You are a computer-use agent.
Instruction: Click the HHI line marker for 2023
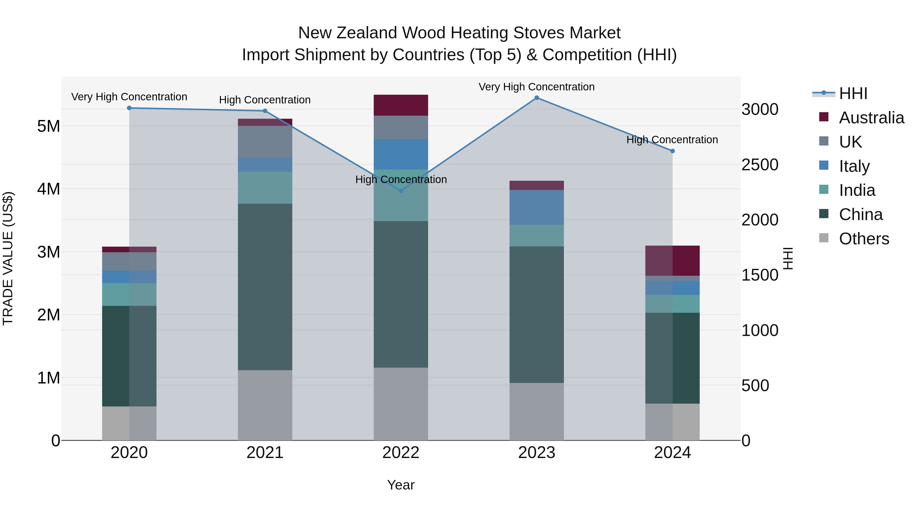click(537, 98)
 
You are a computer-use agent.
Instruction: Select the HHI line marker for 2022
click(401, 191)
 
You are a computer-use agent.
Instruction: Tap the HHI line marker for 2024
click(672, 151)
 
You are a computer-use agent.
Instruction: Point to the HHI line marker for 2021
click(265, 111)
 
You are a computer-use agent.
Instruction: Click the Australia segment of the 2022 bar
click(401, 105)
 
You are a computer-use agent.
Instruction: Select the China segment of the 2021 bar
click(265, 287)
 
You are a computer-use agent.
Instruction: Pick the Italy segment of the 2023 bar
click(537, 207)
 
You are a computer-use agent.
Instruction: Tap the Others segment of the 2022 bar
click(401, 404)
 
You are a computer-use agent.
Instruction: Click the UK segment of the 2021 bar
click(265, 142)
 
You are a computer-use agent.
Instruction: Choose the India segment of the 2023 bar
click(537, 235)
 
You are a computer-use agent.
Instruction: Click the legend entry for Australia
click(871, 118)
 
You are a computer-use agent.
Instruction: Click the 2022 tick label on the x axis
click(401, 453)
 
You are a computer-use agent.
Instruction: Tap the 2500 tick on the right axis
click(760, 165)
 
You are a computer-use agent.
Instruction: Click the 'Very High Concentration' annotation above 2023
click(537, 87)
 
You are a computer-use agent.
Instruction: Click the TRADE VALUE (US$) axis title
click(8, 258)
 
